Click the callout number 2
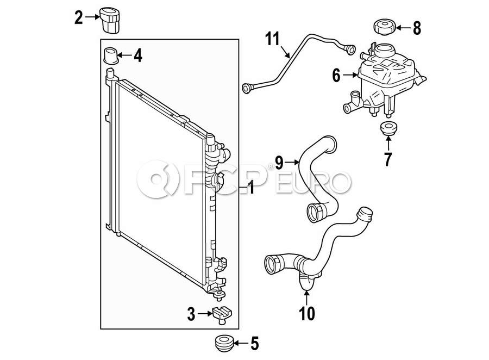coord(79,18)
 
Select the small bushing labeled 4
coord(111,55)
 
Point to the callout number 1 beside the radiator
coord(250,189)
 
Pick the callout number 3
coord(191,313)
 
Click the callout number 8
coord(417,28)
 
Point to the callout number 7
coord(388,160)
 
